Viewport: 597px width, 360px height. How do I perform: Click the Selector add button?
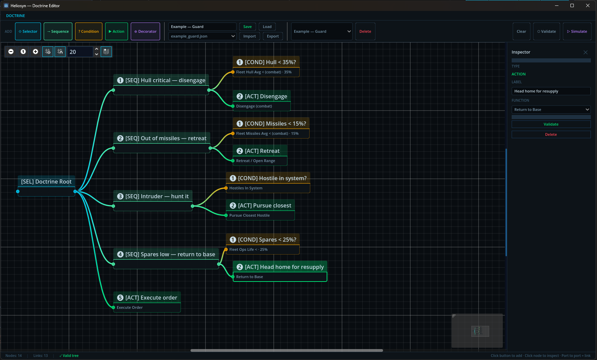tap(28, 31)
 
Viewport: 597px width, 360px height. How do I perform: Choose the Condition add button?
tap(89, 31)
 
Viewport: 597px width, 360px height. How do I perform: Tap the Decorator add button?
tap(145, 31)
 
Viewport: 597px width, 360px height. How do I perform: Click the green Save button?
tap(247, 27)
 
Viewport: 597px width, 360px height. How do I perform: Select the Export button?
tap(273, 36)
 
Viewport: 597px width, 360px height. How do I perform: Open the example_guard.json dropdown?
tap(202, 36)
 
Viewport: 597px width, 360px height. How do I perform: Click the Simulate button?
tap(577, 31)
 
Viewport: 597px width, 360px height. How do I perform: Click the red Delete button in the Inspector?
tap(551, 134)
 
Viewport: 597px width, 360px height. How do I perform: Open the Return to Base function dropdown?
tap(551, 110)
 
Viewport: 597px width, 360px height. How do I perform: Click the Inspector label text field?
tap(551, 91)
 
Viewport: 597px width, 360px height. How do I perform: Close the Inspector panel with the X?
tap(585, 52)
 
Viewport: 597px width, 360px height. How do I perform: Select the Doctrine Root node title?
tap(46, 182)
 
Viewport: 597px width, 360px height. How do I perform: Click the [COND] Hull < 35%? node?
tap(266, 67)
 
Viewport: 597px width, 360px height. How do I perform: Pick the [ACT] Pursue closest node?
tap(260, 210)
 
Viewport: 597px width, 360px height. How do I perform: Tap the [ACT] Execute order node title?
tap(147, 298)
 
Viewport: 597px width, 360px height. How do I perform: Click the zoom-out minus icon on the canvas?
tap(11, 52)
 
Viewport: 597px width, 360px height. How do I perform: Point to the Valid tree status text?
tap(69, 356)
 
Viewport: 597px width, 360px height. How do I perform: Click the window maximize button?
tap(572, 5)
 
